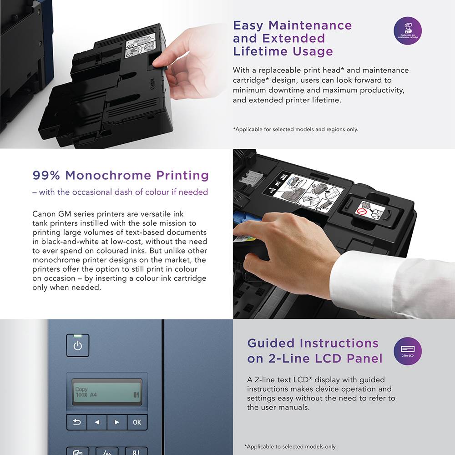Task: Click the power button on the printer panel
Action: pyautogui.click(x=78, y=345)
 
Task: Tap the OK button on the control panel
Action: pyautogui.click(x=137, y=422)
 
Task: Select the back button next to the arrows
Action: pyautogui.click(x=77, y=422)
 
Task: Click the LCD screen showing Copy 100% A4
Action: pyautogui.click(x=107, y=392)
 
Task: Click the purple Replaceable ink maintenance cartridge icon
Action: pyautogui.click(x=407, y=30)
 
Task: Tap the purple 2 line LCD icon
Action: pyautogui.click(x=407, y=351)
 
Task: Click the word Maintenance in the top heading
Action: pyautogui.click(x=310, y=25)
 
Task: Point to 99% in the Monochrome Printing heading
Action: pyautogui.click(x=47, y=175)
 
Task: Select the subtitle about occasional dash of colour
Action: pyautogui.click(x=120, y=192)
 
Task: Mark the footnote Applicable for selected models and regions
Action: pyautogui.click(x=295, y=129)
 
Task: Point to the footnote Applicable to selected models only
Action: pyautogui.click(x=290, y=446)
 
